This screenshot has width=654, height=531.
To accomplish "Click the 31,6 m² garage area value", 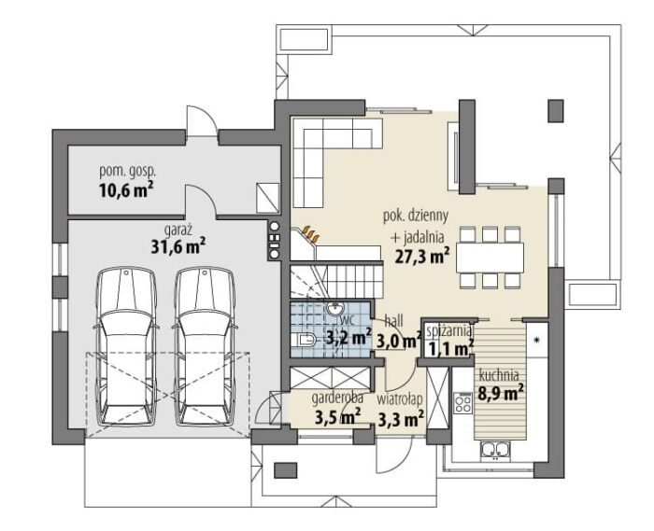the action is point(178,246).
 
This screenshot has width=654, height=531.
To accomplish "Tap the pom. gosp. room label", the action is point(128,171).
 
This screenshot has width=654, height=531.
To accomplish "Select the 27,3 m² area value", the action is point(421,256).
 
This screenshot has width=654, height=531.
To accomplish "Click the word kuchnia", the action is point(499,375).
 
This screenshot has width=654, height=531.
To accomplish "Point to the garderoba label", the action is point(337,398).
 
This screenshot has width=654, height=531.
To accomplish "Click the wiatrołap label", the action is point(400,399).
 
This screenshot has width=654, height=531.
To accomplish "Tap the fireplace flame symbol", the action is point(311,233).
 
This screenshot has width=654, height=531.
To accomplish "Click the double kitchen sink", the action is point(495,451).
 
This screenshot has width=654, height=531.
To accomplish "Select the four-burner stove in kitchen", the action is point(463,402).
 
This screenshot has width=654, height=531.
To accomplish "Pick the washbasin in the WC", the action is point(334,309).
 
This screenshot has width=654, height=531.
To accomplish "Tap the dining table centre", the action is point(490,257).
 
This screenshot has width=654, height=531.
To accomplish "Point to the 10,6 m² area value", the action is point(126,190).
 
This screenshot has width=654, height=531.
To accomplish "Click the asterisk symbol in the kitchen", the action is point(537,341).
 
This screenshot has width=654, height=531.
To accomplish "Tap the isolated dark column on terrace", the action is point(556,111).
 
